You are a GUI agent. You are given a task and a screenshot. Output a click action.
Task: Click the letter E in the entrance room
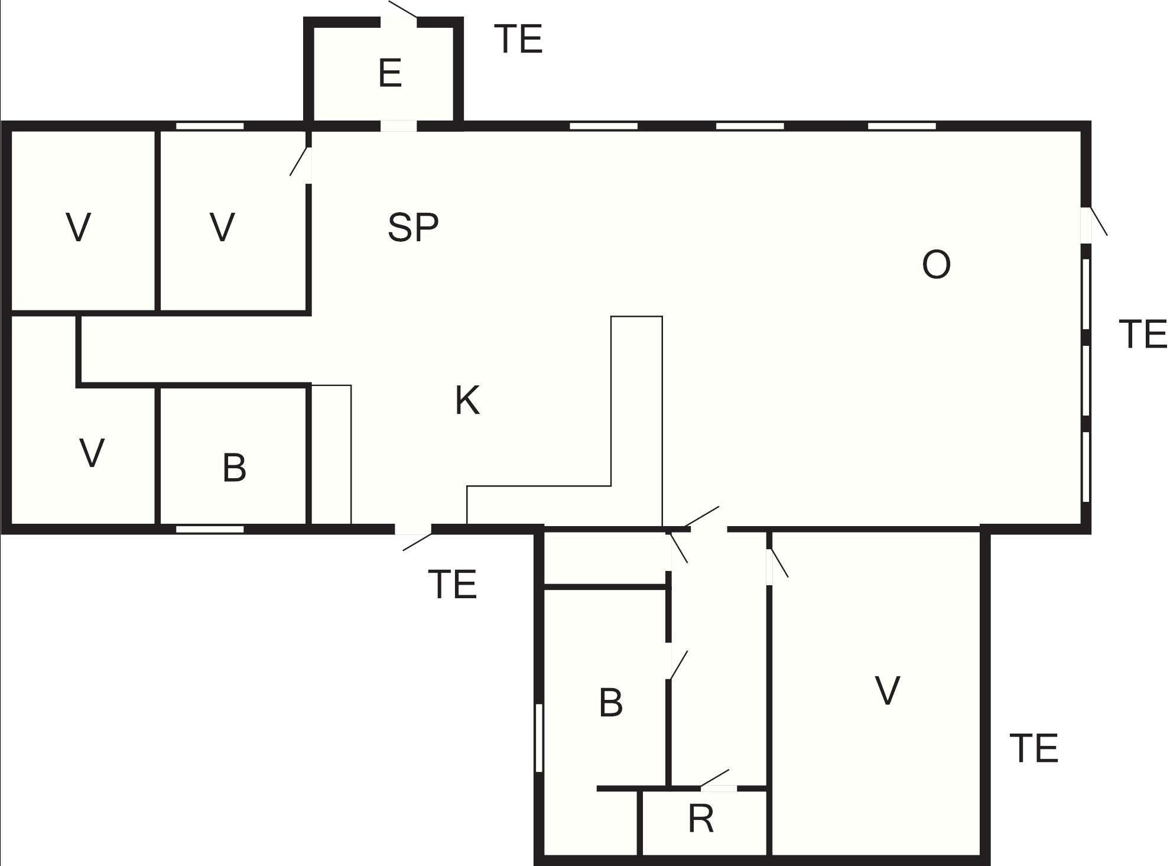pos(390,73)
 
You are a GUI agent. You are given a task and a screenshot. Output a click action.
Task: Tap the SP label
pos(413,227)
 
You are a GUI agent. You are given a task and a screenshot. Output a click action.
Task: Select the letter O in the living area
pos(937,264)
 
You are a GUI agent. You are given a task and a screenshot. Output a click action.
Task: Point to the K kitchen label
pos(467,400)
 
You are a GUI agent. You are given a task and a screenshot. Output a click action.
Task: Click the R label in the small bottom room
pos(701,819)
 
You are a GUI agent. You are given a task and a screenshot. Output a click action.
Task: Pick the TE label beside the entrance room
pos(518,40)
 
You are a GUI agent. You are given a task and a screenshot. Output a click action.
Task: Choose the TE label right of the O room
pos(1143,334)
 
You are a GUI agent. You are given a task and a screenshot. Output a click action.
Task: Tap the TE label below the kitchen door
pos(453,585)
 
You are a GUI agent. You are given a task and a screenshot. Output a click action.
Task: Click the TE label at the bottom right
pos(1033,748)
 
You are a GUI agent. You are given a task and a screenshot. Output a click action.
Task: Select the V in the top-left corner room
pos(79,227)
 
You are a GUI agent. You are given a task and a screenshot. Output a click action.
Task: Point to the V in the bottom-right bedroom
pos(888,690)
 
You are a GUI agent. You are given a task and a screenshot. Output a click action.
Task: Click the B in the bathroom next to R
pos(611,703)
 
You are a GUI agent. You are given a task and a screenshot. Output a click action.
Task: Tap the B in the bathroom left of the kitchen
pos(235,468)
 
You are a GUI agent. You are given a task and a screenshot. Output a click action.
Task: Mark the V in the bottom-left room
pos(92,453)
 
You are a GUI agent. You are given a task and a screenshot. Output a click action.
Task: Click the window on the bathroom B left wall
pos(539,738)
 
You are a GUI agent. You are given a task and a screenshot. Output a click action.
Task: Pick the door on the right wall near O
pos(1093,223)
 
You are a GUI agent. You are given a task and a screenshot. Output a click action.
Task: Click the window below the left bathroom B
pos(210,529)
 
